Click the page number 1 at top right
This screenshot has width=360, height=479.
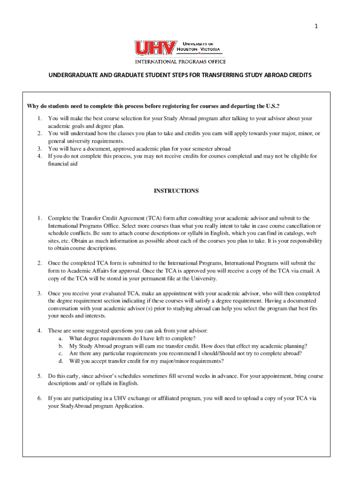click(316, 27)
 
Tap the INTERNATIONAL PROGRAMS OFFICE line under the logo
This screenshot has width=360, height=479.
click(180, 61)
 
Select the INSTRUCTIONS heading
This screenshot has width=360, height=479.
click(176, 191)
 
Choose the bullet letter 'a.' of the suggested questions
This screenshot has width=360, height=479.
click(61, 338)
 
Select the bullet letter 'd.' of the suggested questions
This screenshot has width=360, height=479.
click(61, 361)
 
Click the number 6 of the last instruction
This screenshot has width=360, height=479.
click(40, 399)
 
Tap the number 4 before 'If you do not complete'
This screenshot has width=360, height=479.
click(40, 156)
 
